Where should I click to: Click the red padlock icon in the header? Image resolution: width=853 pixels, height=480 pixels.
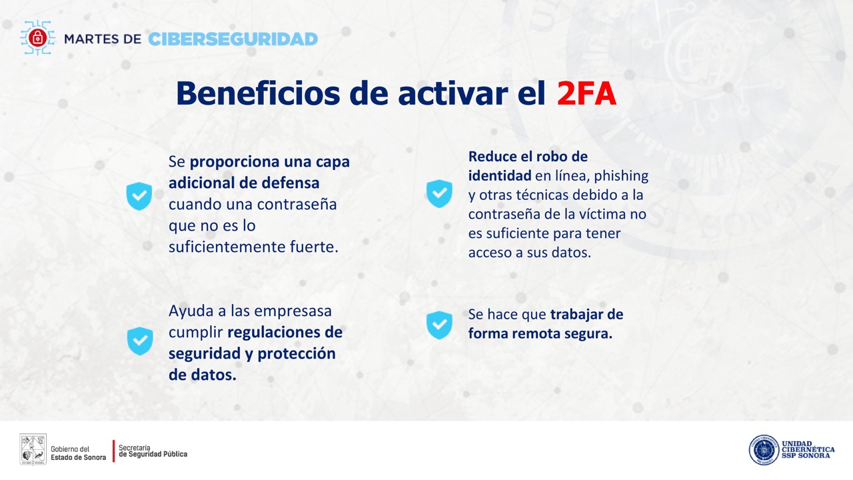[37, 38]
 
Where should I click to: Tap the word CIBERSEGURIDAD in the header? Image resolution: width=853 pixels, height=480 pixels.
[233, 39]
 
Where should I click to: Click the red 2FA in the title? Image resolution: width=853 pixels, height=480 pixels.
[586, 93]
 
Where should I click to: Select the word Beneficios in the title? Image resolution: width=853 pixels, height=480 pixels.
[258, 93]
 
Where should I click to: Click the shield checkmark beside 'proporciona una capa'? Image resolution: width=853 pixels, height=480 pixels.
[139, 196]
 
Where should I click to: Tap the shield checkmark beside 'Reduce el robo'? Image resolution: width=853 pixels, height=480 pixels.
[439, 193]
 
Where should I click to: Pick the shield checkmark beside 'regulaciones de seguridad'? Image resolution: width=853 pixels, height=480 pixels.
[140, 341]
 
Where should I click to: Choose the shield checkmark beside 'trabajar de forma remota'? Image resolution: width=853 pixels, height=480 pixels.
[439, 325]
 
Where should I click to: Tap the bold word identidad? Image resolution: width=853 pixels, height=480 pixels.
[500, 175]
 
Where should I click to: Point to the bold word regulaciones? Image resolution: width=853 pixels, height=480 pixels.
[274, 333]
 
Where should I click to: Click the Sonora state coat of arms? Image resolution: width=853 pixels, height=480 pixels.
[33, 449]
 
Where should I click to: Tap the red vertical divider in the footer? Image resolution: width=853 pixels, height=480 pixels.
[113, 451]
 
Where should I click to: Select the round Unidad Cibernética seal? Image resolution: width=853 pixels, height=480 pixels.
[764, 450]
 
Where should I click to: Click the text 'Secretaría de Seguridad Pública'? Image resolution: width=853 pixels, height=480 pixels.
[153, 451]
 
